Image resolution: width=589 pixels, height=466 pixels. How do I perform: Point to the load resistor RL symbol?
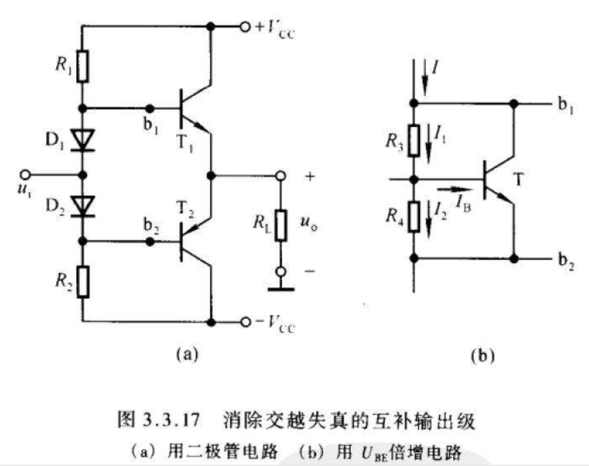click(x=281, y=225)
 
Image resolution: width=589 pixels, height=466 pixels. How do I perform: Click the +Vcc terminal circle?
click(x=245, y=27)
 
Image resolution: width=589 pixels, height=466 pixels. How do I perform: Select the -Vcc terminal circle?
click(x=245, y=322)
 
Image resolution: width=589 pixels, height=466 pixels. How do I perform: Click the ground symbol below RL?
click(x=281, y=289)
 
